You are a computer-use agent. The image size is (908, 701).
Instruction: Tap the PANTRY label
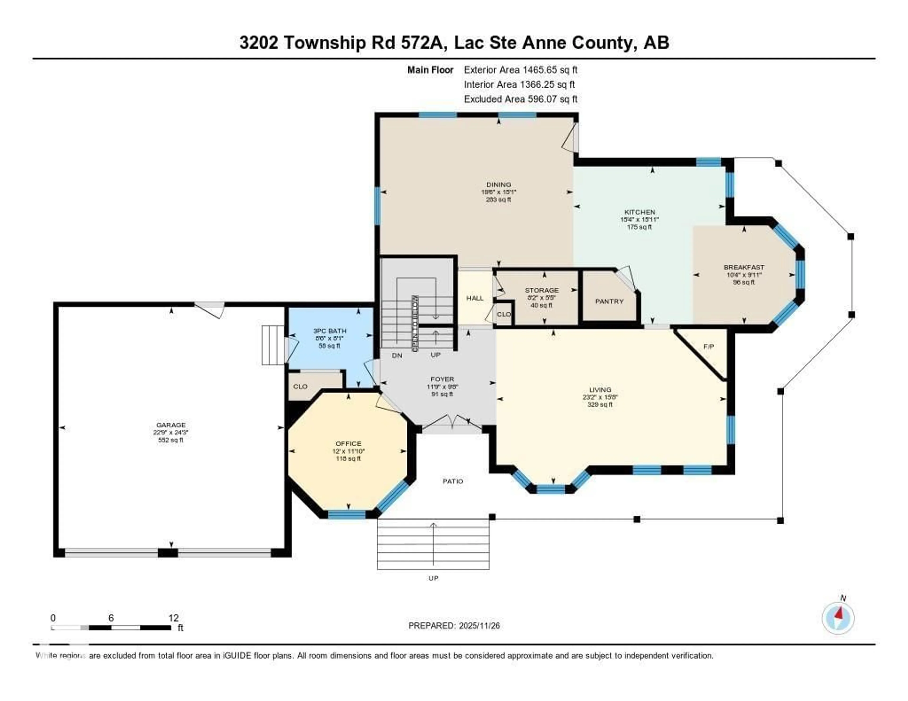coord(609,301)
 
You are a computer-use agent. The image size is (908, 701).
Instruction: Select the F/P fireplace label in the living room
coord(708,346)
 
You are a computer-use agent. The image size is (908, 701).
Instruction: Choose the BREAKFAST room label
coord(744,267)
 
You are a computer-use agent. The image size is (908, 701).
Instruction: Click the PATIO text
coord(453,481)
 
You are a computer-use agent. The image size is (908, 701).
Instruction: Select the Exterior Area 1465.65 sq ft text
coord(520,70)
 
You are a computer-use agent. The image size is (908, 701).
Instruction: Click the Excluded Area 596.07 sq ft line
coord(520,99)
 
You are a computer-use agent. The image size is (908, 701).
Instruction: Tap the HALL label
coord(475,298)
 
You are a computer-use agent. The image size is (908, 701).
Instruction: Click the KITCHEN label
coord(639,212)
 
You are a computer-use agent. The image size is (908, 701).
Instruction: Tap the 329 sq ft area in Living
coord(600,404)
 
